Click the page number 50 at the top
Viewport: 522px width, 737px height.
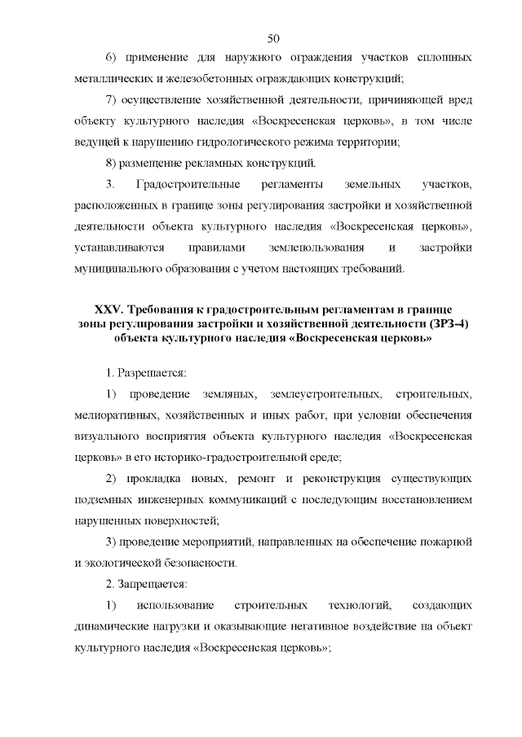click(x=273, y=37)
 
